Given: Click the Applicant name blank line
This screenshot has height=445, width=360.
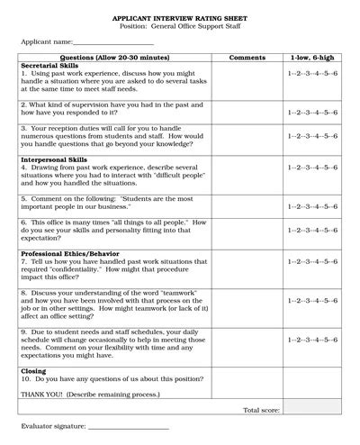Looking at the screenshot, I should pyautogui.click(x=108, y=41).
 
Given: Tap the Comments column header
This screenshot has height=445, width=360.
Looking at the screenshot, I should pyautogui.click(x=247, y=58).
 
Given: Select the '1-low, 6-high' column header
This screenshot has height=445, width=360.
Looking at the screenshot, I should pyautogui.click(x=311, y=58).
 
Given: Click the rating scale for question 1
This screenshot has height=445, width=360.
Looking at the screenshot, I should pyautogui.click(x=311, y=74).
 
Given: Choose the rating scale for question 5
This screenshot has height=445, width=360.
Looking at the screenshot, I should pyautogui.click(x=311, y=206).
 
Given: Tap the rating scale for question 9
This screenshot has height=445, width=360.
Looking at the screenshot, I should pyautogui.click(x=311, y=340).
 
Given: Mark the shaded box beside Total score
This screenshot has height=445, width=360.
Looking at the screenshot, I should pyautogui.click(x=311, y=410).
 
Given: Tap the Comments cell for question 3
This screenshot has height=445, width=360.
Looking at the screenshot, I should pyautogui.click(x=247, y=137).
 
